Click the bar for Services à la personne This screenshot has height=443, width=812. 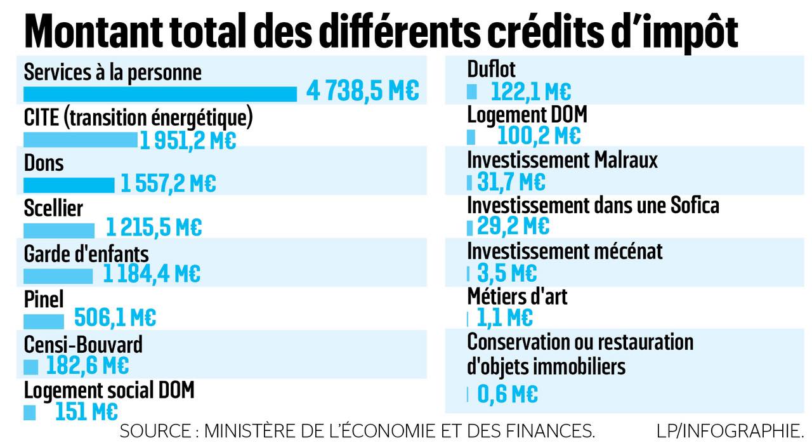click(x=160, y=94)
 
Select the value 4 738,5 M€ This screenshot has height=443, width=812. click(x=363, y=91)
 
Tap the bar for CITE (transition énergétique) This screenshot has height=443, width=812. click(x=81, y=140)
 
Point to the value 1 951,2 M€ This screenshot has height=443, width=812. click(x=188, y=140)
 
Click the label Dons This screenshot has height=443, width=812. click(x=44, y=163)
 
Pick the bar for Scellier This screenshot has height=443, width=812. click(x=59, y=230)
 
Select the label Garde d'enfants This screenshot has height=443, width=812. click(x=86, y=254)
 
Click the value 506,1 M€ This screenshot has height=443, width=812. click(x=115, y=317)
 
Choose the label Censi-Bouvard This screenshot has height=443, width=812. click(x=83, y=345)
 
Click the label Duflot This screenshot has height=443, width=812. click(x=492, y=69)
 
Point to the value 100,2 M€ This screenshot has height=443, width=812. click(x=539, y=136)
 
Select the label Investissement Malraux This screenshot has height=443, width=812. click(x=562, y=160)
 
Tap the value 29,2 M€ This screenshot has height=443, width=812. click(x=512, y=226)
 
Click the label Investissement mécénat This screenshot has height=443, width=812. click(x=565, y=251)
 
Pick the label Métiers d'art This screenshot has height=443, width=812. click(x=517, y=296)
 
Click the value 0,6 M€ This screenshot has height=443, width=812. click(x=507, y=395)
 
